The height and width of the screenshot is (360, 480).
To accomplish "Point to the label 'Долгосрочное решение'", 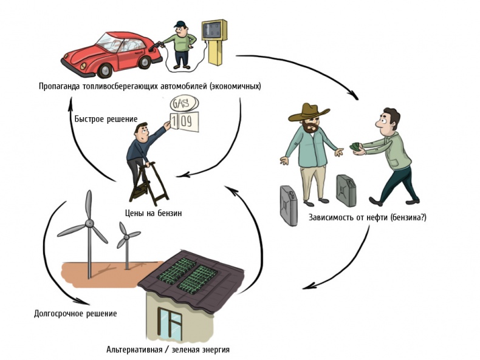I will (x=75, y=314).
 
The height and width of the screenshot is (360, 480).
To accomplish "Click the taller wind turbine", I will (x=89, y=225).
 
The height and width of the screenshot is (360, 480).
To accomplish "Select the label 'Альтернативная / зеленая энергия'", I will (x=168, y=350).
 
